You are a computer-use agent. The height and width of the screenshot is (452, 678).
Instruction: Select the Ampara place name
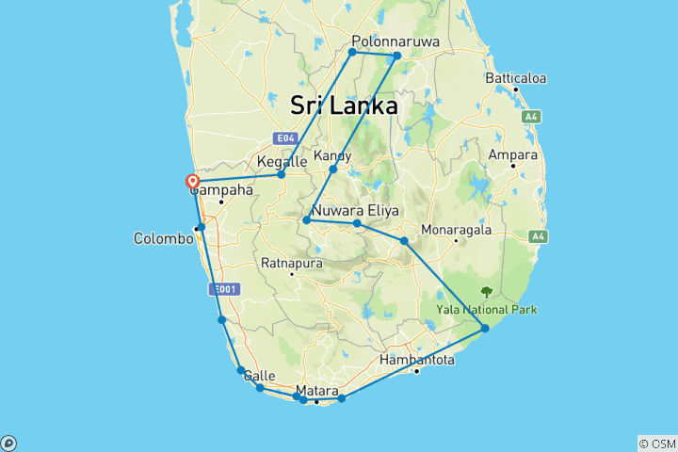(x=512, y=154)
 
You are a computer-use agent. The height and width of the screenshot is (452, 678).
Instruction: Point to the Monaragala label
(x=457, y=229)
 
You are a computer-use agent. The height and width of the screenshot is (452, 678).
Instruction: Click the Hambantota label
(x=417, y=360)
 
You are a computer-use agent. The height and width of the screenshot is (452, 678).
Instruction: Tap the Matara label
(x=316, y=390)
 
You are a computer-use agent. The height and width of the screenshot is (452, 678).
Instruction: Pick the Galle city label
(x=259, y=376)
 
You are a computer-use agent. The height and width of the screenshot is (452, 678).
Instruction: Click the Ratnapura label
(x=292, y=263)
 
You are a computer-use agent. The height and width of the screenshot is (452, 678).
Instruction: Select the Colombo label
(x=163, y=238)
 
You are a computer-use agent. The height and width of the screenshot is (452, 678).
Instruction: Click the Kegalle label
(x=282, y=162)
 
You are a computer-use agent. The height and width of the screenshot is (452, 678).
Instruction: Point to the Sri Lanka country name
(x=344, y=105)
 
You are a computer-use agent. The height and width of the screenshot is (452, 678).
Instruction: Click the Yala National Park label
(x=486, y=309)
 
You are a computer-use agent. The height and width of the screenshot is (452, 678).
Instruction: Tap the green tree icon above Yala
(x=486, y=292)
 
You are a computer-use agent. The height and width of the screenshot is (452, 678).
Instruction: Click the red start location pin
(x=193, y=181)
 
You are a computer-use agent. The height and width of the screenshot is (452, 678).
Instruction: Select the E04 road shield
(x=287, y=137)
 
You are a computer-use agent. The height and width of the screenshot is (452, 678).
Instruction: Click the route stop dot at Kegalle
(x=282, y=174)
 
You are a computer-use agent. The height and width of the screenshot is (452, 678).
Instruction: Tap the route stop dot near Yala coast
(x=485, y=328)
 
